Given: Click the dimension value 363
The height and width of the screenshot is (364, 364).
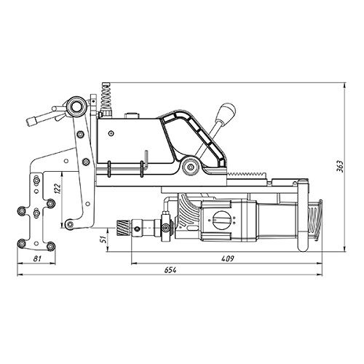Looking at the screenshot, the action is pos(340,166).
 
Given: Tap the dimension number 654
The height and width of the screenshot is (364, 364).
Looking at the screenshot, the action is pos(170,270).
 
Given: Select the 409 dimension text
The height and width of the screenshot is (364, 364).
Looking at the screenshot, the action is pos(228,258).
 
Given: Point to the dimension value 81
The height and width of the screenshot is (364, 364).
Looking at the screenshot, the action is pos(36,258).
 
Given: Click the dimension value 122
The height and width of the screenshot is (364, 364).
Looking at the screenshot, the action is pos(58,188).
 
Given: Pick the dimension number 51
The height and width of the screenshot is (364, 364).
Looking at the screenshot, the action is pos(103,240).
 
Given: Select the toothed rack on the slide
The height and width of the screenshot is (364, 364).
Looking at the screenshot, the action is pos(246,175).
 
